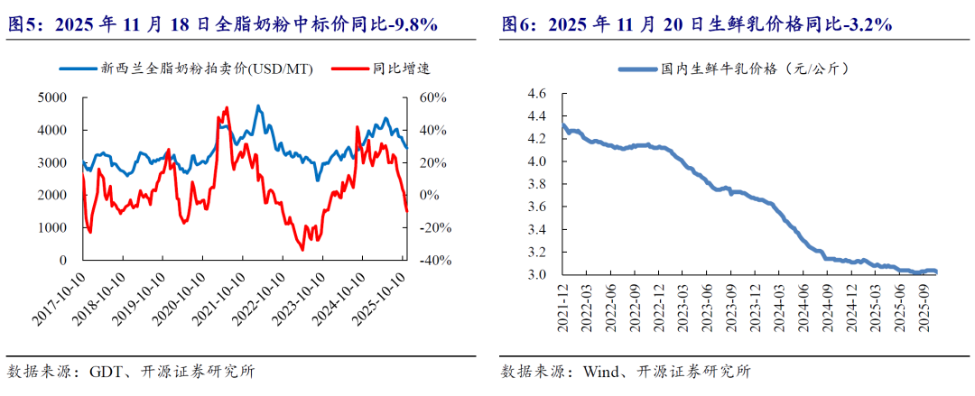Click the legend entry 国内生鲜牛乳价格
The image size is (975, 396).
click(731, 69)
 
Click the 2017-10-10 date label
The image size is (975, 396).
click(61, 296)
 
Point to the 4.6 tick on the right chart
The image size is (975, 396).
click(537, 94)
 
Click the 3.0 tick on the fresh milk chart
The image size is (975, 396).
click(537, 275)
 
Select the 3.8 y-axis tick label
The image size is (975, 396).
click(537, 184)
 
